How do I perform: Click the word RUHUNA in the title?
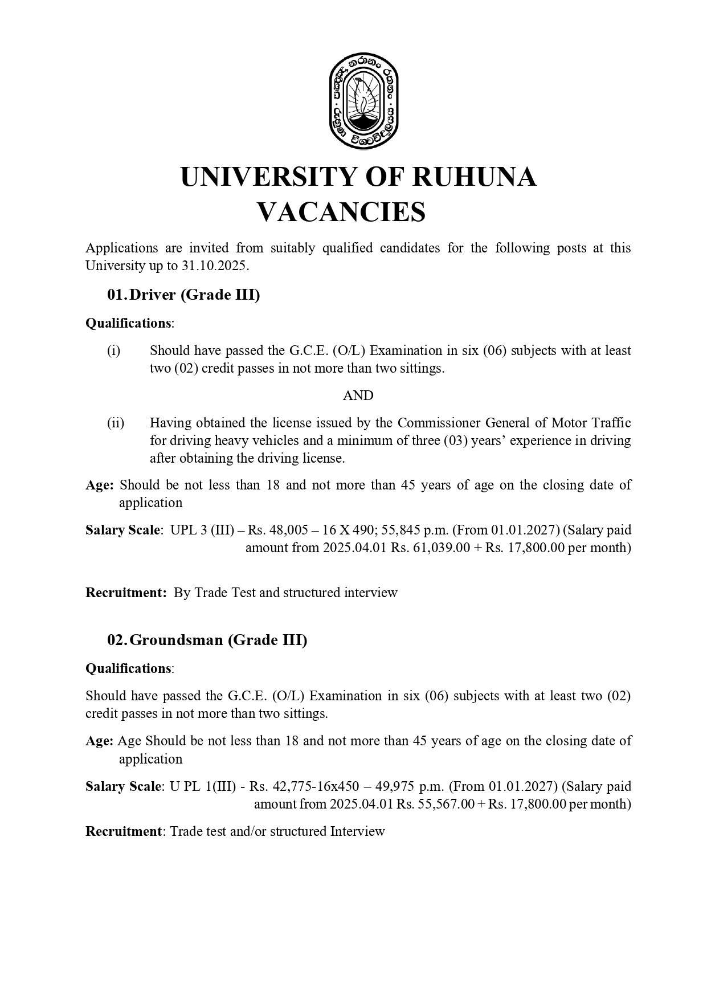[x=473, y=177]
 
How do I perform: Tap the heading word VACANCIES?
[x=341, y=212]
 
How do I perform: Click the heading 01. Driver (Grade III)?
[x=183, y=295]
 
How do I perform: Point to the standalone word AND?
[x=358, y=395]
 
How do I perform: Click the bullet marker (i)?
[x=114, y=350]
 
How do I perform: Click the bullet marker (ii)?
[x=116, y=423]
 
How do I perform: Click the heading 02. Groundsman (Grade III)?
[x=207, y=640]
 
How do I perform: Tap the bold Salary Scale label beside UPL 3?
[x=122, y=530]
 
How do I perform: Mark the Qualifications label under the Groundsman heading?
[x=128, y=668]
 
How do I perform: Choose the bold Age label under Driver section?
[x=99, y=485]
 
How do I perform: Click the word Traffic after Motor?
[x=608, y=423]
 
